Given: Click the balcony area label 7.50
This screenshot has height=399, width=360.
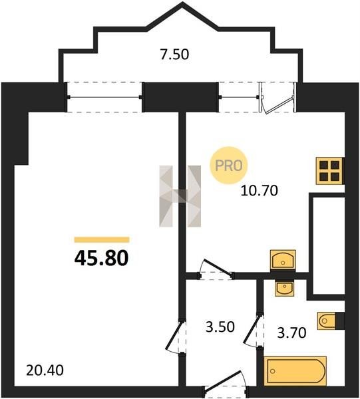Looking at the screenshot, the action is point(174,55).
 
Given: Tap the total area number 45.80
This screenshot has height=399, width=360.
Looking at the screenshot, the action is point(101,258).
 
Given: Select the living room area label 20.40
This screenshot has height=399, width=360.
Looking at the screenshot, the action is point(45,370).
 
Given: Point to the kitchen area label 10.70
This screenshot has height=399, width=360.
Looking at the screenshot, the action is point(259,191).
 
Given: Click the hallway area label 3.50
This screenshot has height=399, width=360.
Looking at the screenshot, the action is point(220,327).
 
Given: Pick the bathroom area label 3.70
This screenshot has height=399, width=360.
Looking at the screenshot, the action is point(291,333).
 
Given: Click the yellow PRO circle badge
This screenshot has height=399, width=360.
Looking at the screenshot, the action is point(229,166).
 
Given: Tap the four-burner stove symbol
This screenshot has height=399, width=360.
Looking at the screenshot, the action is point(330,170).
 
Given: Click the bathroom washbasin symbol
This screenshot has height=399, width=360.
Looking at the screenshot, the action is point(284,289).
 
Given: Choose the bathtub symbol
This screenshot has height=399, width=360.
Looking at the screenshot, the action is point(295,371).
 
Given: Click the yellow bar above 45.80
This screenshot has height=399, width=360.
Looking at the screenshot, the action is point(102,239).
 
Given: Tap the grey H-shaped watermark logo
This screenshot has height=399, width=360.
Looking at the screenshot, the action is point(180,196).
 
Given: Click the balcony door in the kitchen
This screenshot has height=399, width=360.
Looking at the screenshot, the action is point(277,97).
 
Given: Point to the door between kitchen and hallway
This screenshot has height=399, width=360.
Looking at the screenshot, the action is point(216,270).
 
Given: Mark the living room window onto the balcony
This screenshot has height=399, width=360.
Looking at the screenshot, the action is point(104,97).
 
